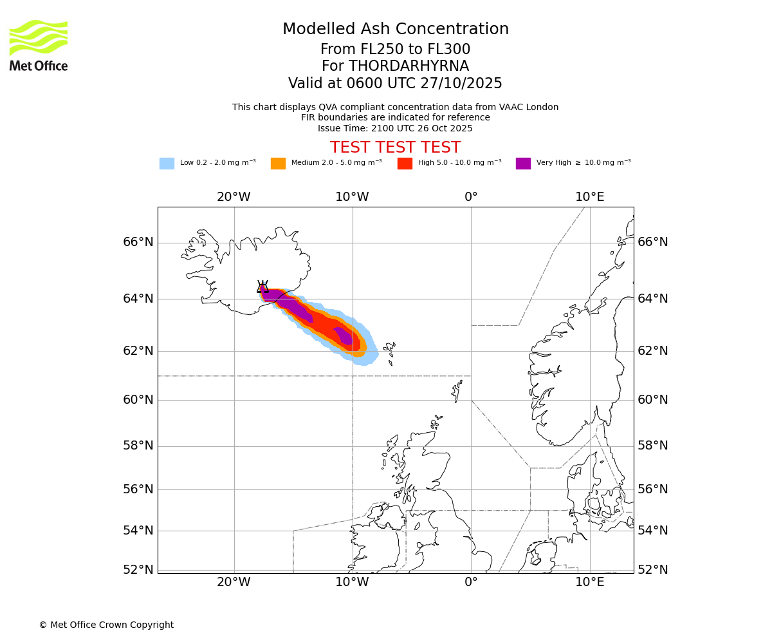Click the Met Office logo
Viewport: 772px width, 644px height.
pyautogui.click(x=39, y=45)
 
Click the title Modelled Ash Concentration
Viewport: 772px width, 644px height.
pyautogui.click(x=395, y=29)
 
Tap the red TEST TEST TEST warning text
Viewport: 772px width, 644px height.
pyautogui.click(x=395, y=147)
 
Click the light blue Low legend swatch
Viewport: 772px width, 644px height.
pyautogui.click(x=167, y=163)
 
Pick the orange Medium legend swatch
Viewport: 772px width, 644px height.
pyautogui.click(x=278, y=163)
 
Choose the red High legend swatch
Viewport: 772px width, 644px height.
pyautogui.click(x=405, y=163)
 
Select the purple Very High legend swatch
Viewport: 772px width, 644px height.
pyautogui.click(x=523, y=163)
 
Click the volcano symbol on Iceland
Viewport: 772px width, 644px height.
pyautogui.click(x=262, y=287)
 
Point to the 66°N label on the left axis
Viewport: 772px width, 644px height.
pyautogui.click(x=138, y=242)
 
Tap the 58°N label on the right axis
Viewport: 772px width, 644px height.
pyautogui.click(x=653, y=446)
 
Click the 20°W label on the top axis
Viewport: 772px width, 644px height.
pyautogui.click(x=234, y=196)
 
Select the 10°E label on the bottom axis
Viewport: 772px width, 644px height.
pyautogui.click(x=590, y=582)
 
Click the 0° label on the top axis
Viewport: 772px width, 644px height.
pyautogui.click(x=471, y=196)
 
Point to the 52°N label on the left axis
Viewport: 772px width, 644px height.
pyautogui.click(x=138, y=569)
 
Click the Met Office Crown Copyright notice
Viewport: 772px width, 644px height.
pyautogui.click(x=106, y=625)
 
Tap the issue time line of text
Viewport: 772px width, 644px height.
pyautogui.click(x=395, y=128)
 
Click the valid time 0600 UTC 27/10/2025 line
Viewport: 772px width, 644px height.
pyautogui.click(x=395, y=84)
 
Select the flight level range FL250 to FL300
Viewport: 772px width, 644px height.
pyautogui.click(x=395, y=50)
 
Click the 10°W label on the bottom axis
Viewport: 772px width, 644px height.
pyautogui.click(x=353, y=582)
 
